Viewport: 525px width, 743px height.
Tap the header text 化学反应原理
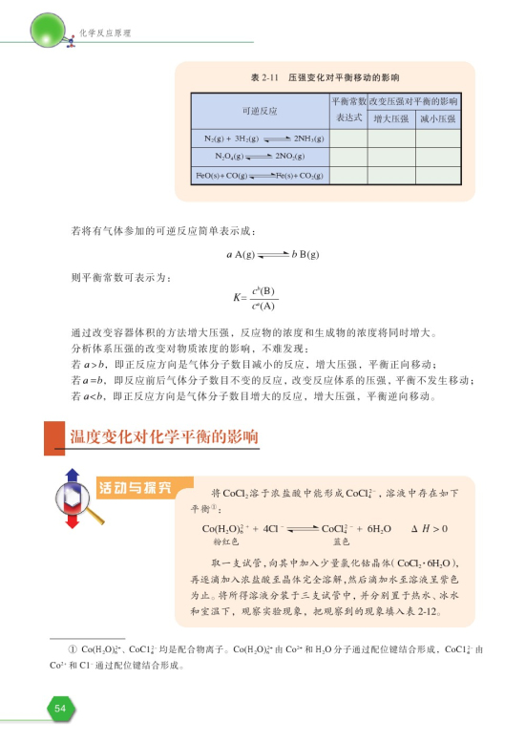104,33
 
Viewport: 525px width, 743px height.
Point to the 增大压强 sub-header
390,118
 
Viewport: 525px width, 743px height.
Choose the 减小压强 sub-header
437,118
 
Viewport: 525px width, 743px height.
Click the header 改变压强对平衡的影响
413,101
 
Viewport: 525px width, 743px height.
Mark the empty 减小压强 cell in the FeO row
437,177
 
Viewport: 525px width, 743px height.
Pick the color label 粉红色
224,541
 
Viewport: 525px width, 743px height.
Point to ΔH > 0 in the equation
429,528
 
